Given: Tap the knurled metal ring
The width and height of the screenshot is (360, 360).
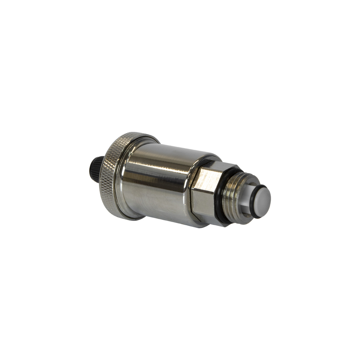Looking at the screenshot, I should click(x=110, y=173).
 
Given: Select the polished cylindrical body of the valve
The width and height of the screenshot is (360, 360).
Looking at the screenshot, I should click(x=158, y=184).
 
